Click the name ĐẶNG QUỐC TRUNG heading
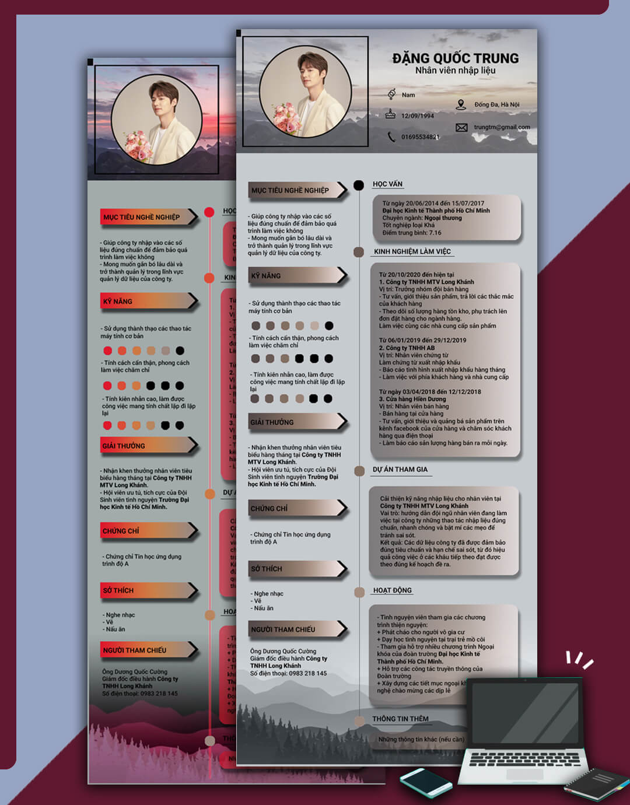click(455, 58)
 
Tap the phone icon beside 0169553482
click(391, 136)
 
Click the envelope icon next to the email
click(461, 127)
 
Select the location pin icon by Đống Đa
click(461, 104)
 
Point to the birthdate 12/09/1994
click(417, 116)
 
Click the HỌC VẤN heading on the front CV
click(387, 184)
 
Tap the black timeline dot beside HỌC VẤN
click(359, 185)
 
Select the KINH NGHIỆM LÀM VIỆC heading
click(412, 251)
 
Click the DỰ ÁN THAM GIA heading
click(400, 469)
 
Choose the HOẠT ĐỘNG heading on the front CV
click(392, 590)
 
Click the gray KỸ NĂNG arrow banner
click(297, 275)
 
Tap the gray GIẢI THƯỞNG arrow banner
click(297, 422)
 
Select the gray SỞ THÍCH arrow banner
click(297, 568)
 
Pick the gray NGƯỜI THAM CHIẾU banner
click(297, 629)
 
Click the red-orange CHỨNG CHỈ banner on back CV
click(149, 531)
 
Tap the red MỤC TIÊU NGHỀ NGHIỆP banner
click(149, 217)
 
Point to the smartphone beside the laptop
click(425, 782)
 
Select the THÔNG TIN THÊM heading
click(400, 719)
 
